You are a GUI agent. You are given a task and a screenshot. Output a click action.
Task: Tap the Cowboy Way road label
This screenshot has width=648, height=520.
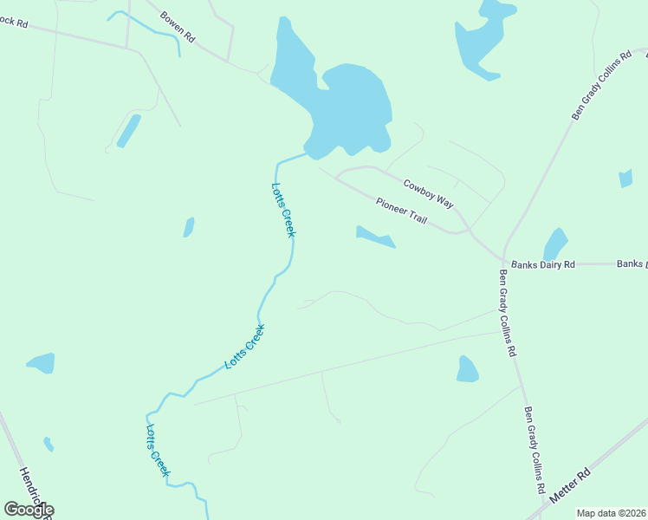pyautogui.click(x=429, y=192)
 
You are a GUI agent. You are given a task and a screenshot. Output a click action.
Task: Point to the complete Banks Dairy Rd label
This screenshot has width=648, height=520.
pyautogui.click(x=543, y=264)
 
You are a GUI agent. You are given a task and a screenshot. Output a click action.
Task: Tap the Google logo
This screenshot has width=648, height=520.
pyautogui.click(x=29, y=510)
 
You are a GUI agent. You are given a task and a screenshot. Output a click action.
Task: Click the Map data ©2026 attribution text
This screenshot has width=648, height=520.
pyautogui.click(x=611, y=513)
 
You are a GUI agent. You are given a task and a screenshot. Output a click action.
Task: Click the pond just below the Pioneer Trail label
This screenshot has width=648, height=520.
pyautogui.click(x=375, y=236)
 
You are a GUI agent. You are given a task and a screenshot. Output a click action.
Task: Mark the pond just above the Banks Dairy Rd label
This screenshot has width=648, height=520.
pyautogui.click(x=554, y=244)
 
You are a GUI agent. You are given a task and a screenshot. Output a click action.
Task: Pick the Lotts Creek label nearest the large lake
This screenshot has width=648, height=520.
pyautogui.click(x=283, y=210)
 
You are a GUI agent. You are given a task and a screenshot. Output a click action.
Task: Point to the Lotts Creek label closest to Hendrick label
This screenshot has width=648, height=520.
pyautogui.click(x=157, y=450)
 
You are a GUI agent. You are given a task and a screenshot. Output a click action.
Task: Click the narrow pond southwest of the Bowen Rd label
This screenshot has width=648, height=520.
pyautogui.click(x=128, y=131)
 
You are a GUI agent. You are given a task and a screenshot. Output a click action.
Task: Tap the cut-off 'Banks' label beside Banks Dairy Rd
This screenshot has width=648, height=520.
pyautogui.click(x=632, y=263)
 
